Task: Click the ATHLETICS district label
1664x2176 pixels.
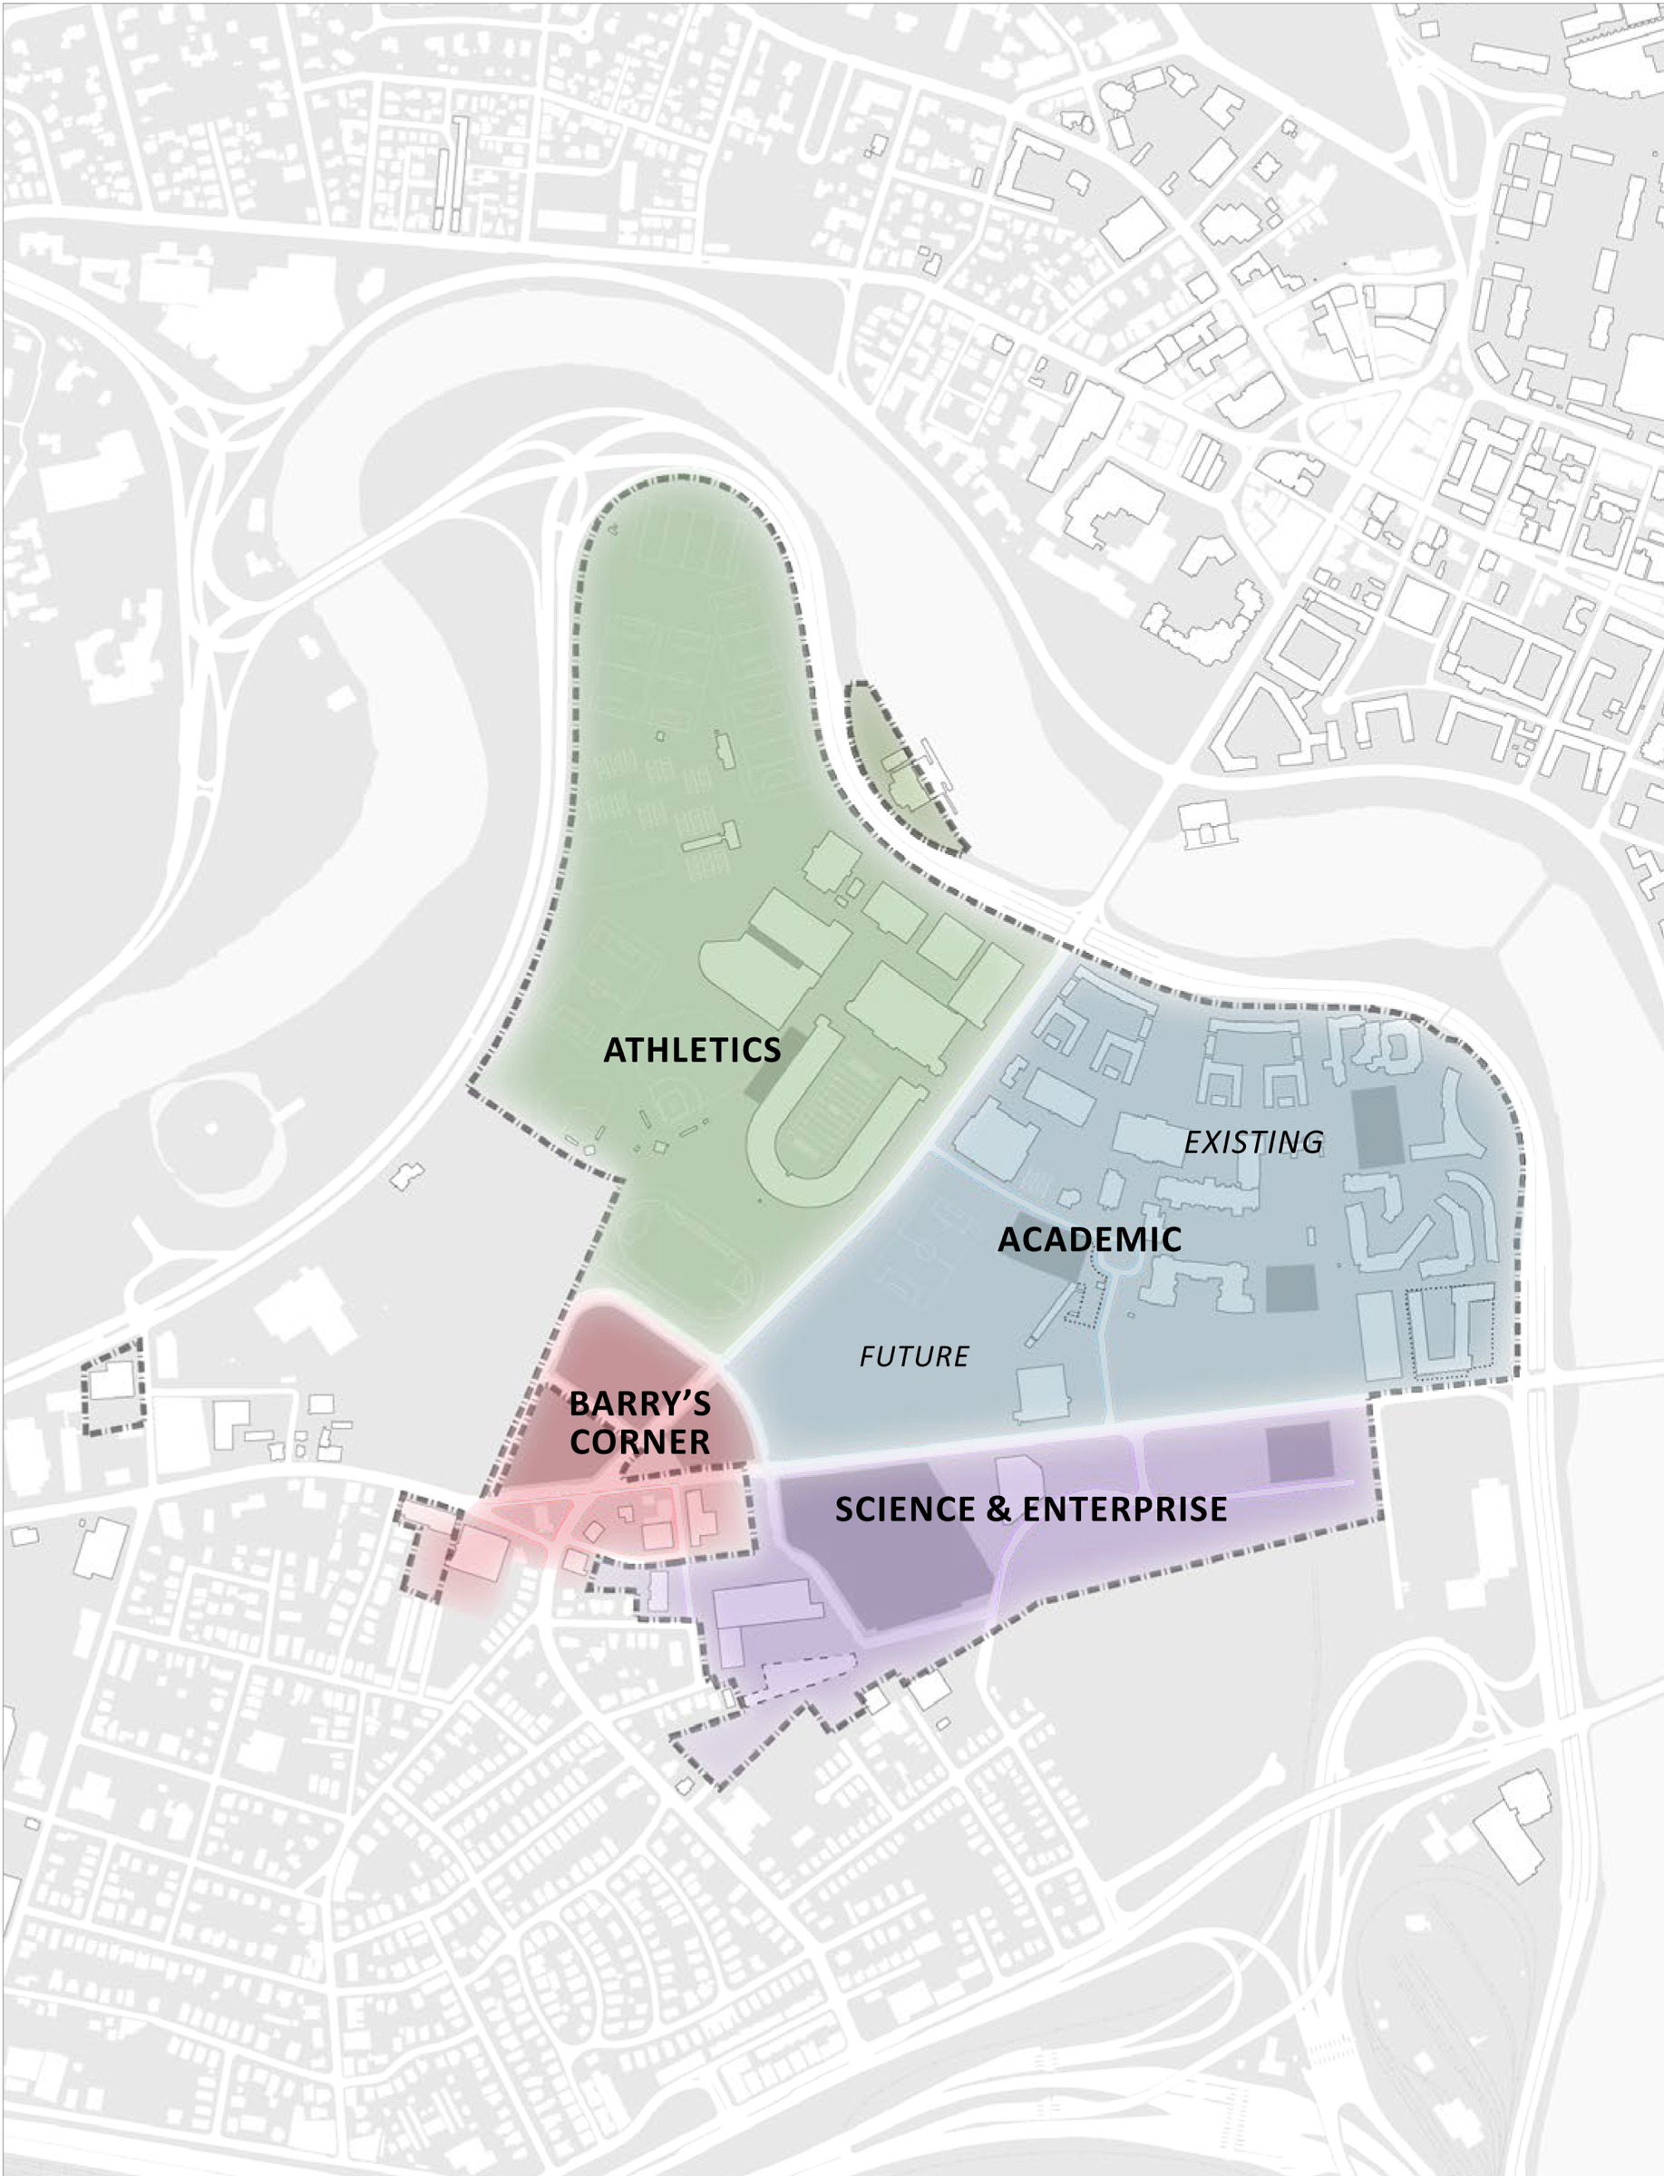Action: tap(691, 1050)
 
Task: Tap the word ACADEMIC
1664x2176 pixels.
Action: tap(1088, 1239)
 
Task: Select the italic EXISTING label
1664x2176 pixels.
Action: tap(1253, 1142)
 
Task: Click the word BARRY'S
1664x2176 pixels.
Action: tap(639, 1404)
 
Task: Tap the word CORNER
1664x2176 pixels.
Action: tap(639, 1443)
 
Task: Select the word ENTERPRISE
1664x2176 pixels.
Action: tap(1124, 1510)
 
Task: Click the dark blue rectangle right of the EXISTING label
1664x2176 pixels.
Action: tap(1377, 1126)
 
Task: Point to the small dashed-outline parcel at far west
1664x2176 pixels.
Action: tap(112, 1386)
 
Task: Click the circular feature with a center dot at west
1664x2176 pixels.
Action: tap(210, 1128)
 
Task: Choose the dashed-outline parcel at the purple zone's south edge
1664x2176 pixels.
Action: tap(803, 1675)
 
